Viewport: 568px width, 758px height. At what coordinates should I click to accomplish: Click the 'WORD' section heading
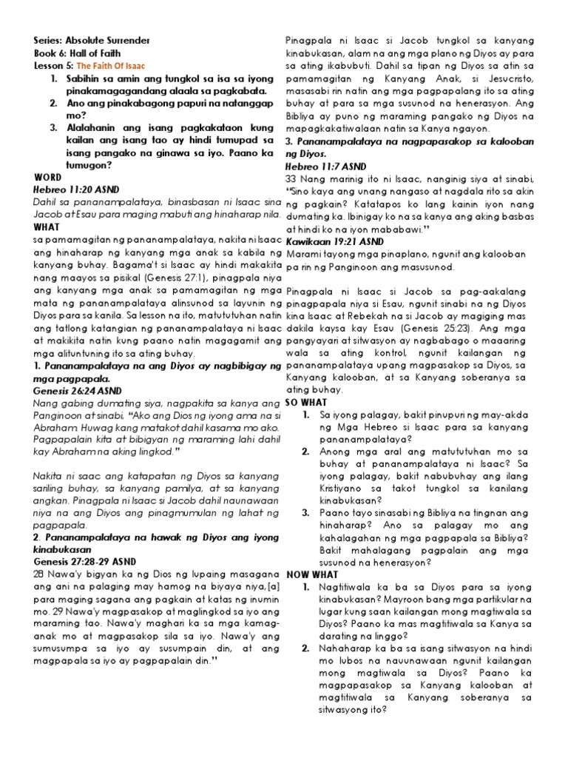click(48, 178)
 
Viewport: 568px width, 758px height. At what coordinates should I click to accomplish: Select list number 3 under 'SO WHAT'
click(306, 512)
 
